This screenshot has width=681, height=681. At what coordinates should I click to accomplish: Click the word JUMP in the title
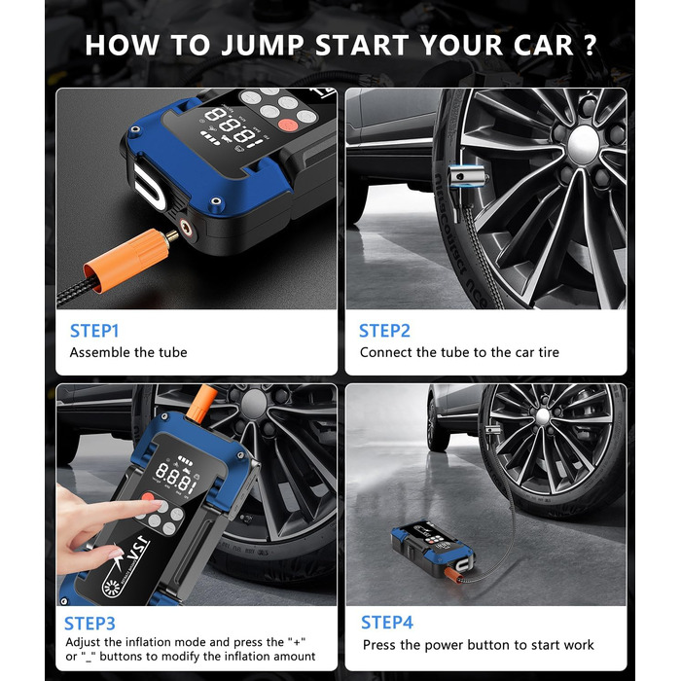263,46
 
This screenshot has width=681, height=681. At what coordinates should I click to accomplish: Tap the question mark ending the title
590,45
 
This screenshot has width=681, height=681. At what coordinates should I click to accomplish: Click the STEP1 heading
94,331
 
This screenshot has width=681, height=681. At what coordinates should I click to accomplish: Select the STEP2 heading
384,331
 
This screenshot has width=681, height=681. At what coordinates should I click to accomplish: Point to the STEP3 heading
90,624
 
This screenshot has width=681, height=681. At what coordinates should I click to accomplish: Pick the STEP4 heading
387,623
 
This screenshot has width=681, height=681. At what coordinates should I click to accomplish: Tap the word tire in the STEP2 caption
549,352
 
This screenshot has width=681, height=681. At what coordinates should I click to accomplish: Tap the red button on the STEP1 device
288,125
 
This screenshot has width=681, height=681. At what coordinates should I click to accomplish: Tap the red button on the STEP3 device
148,497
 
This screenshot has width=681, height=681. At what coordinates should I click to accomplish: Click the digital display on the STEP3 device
176,476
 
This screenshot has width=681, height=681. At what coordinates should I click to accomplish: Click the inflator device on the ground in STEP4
431,550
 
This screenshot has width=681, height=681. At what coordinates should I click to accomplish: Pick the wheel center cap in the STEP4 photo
543,416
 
